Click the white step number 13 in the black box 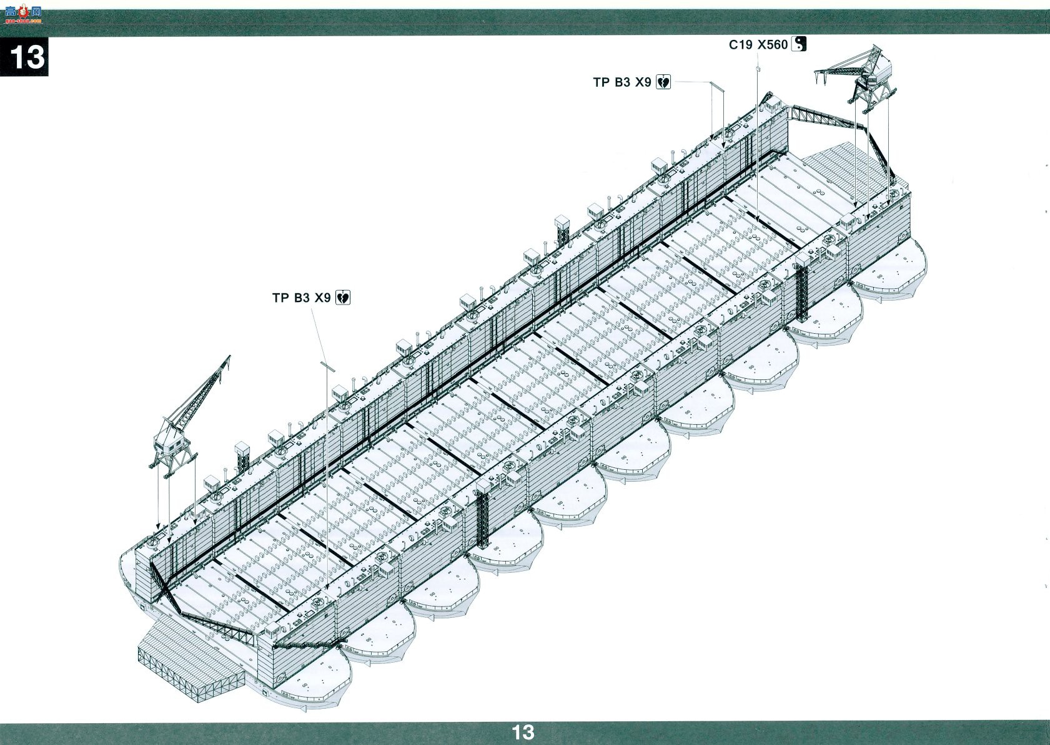coord(27,57)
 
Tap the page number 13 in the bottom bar coord(523,732)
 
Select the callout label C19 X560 coord(758,45)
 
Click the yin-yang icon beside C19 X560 coord(799,44)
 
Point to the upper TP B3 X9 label coord(622,82)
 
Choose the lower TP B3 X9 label coord(302,298)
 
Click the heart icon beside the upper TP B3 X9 coord(663,82)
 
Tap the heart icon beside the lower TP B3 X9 coord(343,298)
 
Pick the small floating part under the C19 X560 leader coord(758,69)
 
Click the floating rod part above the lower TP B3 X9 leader coord(328,366)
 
